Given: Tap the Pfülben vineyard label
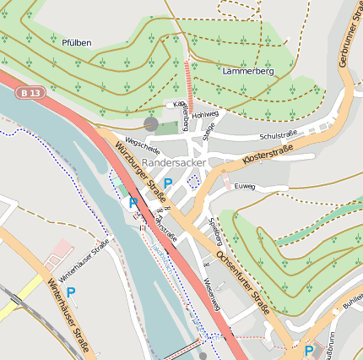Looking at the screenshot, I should (76, 42).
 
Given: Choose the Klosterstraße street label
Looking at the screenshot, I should (268, 153).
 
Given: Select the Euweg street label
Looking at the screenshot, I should (245, 186).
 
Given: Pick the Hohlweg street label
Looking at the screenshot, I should (205, 114).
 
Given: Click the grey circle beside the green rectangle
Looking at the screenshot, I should (151, 124).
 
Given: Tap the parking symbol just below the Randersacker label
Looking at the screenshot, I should (168, 183).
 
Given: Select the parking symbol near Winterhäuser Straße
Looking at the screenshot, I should (71, 292).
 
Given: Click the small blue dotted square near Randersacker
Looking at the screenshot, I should (192, 180).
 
